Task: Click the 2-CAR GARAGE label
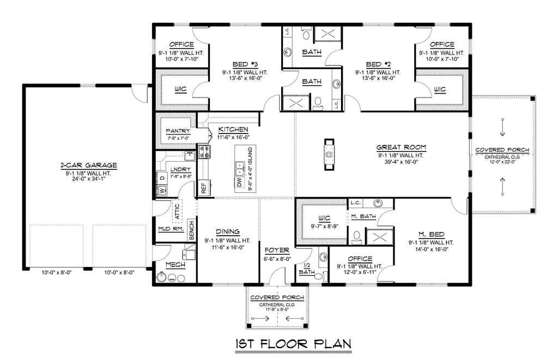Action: [x=88, y=165]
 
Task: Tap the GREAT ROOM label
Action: [x=401, y=147]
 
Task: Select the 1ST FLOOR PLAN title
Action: [x=293, y=344]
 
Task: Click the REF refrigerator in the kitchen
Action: [x=204, y=188]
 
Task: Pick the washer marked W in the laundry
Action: [x=162, y=191]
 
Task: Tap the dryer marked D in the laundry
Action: [x=162, y=178]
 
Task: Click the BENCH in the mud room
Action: [x=191, y=230]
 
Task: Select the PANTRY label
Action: [x=178, y=131]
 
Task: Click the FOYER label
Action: [x=277, y=251]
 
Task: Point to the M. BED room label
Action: [x=432, y=234]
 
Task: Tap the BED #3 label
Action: [x=245, y=64]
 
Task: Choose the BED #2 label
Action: [x=378, y=64]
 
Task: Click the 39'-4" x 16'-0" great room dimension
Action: [x=401, y=162]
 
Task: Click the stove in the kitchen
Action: [x=205, y=152]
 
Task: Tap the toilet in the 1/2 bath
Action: [x=318, y=276]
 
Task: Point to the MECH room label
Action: [x=175, y=265]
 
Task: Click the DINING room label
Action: [x=228, y=232]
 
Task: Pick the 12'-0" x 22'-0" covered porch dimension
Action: [x=502, y=162]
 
